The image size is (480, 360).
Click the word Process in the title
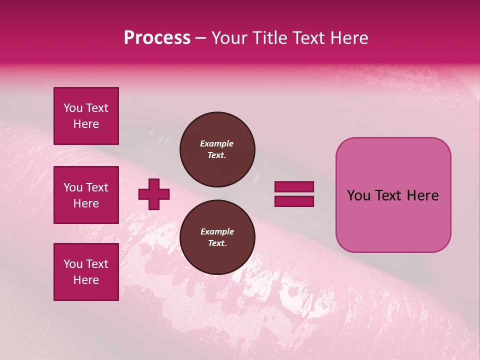pos(157,38)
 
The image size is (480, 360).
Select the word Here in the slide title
pos(348,38)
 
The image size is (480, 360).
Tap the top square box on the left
pos(86,116)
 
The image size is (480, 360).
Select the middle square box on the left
pos(86,195)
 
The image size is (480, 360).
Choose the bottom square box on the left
pos(86,272)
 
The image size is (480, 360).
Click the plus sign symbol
pos(154,194)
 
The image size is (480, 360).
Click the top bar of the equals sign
pos(294,187)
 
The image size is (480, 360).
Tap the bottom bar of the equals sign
pos(294,201)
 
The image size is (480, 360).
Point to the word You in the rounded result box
pos(358,195)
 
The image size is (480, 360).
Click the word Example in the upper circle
pos(216,143)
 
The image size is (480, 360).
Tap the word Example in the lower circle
pos(217,231)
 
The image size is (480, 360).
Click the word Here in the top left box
pos(86,124)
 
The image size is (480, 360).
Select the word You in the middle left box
pos(73,187)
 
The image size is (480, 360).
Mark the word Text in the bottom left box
pos(97,264)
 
